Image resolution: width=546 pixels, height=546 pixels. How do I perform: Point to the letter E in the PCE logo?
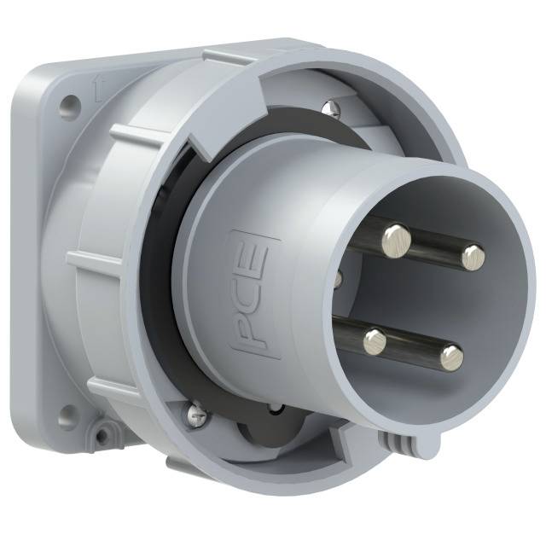(258, 257)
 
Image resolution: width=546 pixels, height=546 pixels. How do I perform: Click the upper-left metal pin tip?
(396, 238)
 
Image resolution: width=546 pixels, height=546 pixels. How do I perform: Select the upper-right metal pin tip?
(472, 255)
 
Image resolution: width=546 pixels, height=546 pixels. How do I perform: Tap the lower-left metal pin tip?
(375, 343)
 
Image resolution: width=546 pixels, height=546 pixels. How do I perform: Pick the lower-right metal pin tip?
(451, 357)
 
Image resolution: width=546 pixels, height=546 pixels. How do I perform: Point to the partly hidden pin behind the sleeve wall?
(339, 278)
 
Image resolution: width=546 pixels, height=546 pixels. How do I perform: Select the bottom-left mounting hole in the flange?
(67, 418)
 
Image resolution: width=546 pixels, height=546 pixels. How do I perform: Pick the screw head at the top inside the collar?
(331, 107)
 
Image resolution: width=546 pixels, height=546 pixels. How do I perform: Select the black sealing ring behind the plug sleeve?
(162, 282)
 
